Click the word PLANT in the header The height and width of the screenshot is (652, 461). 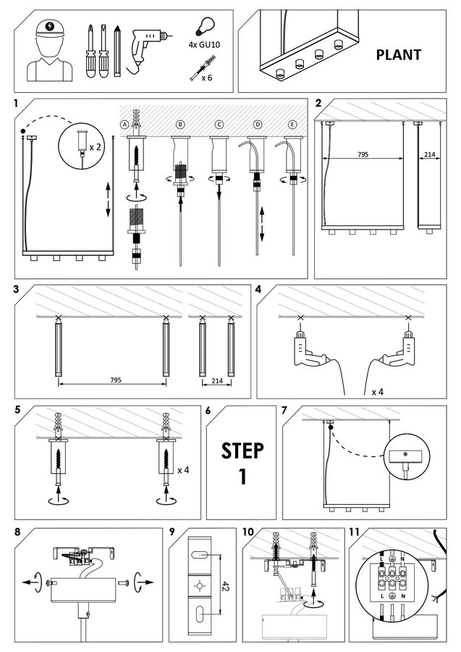[x=399, y=54]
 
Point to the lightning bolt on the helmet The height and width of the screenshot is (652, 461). [x=49, y=28]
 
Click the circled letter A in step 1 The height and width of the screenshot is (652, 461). [x=125, y=124]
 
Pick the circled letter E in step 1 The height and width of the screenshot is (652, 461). [x=292, y=124]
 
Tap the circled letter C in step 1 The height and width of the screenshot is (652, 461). [x=218, y=124]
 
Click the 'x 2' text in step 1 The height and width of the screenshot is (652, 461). [x=96, y=146]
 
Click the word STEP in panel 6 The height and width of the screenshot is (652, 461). [x=242, y=450]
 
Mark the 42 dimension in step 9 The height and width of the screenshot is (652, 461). [x=226, y=585]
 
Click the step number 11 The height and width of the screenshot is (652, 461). [x=354, y=532]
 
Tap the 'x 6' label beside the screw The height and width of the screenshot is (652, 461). [x=207, y=76]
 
